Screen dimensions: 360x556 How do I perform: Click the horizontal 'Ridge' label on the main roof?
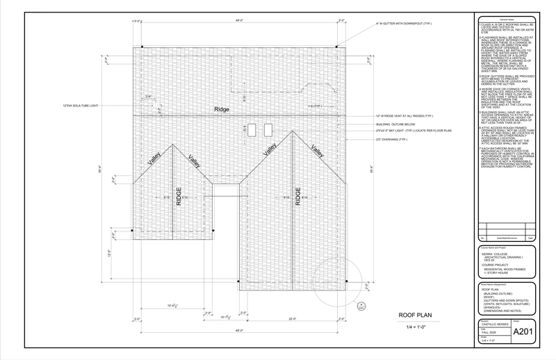(x=222, y=110)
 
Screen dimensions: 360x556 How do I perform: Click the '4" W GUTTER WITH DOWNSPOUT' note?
(x=404, y=23)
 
